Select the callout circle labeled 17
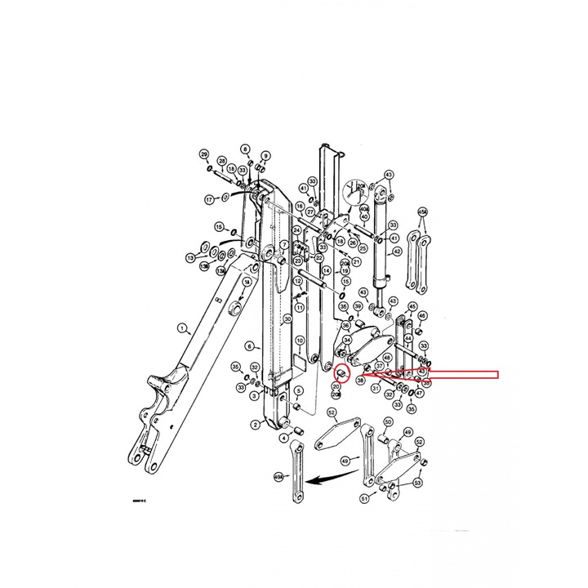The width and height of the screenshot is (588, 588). coord(209,198)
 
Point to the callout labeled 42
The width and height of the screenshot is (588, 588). coord(397,252)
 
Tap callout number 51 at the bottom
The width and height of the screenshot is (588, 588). coord(363,498)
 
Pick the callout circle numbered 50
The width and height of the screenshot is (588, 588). coord(387,421)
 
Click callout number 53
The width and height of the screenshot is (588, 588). coord(418,483)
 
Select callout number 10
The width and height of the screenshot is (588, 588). coord(300,341)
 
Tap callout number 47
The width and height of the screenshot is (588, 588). coord(419,393)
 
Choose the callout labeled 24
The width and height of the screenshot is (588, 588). coord(297,231)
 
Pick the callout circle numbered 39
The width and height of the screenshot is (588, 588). coord(358,306)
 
